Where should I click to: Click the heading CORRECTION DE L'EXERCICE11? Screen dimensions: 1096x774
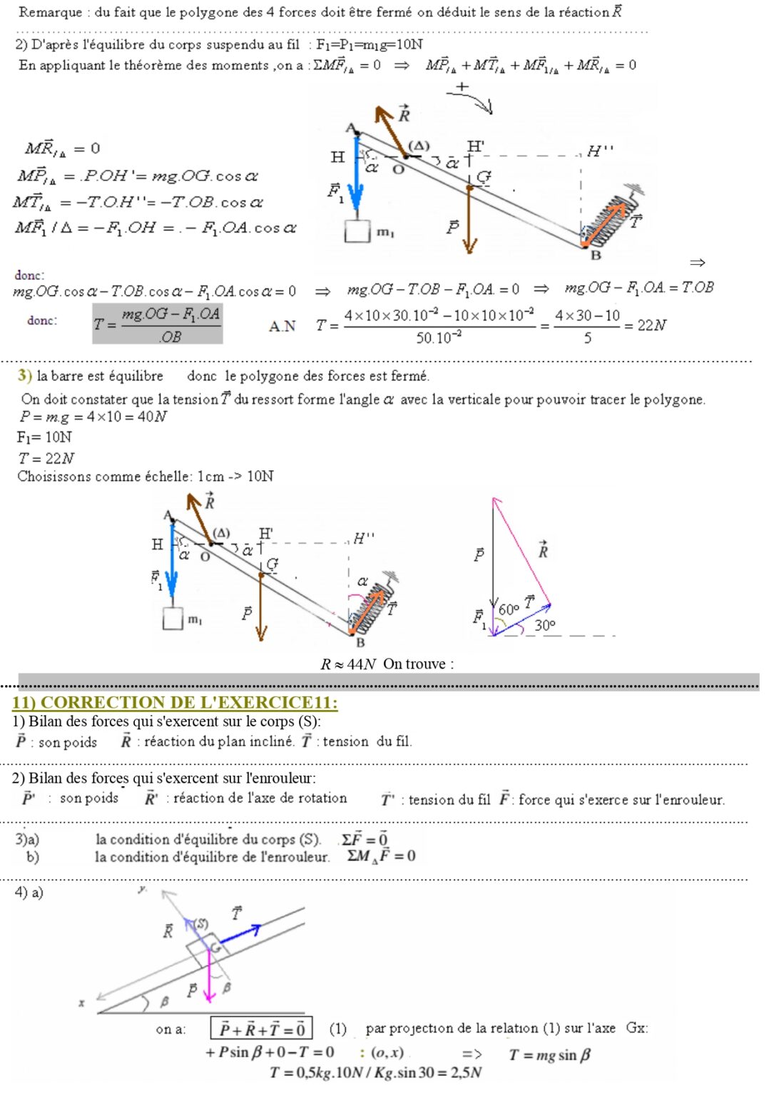(x=175, y=702)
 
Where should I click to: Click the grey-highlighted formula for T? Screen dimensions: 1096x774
(x=158, y=324)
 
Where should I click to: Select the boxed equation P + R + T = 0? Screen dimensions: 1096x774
(x=262, y=1028)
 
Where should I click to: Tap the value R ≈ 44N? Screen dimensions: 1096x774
(x=348, y=664)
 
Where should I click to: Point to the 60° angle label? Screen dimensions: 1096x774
(x=509, y=609)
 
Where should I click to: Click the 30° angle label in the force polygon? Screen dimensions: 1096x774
(x=545, y=625)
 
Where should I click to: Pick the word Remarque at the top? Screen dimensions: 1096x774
(x=49, y=11)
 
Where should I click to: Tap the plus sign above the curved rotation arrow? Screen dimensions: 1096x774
(x=462, y=86)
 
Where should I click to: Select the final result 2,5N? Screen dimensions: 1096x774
(x=467, y=1072)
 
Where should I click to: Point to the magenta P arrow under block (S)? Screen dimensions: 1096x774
(x=209, y=978)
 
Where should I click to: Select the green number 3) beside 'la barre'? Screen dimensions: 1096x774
(x=24, y=375)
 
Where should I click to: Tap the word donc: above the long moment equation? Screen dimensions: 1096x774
(x=29, y=275)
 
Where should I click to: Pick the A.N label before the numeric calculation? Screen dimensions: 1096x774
(x=282, y=326)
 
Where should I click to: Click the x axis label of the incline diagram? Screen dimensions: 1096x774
(x=81, y=1003)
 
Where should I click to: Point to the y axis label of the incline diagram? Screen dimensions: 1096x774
(x=142, y=889)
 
